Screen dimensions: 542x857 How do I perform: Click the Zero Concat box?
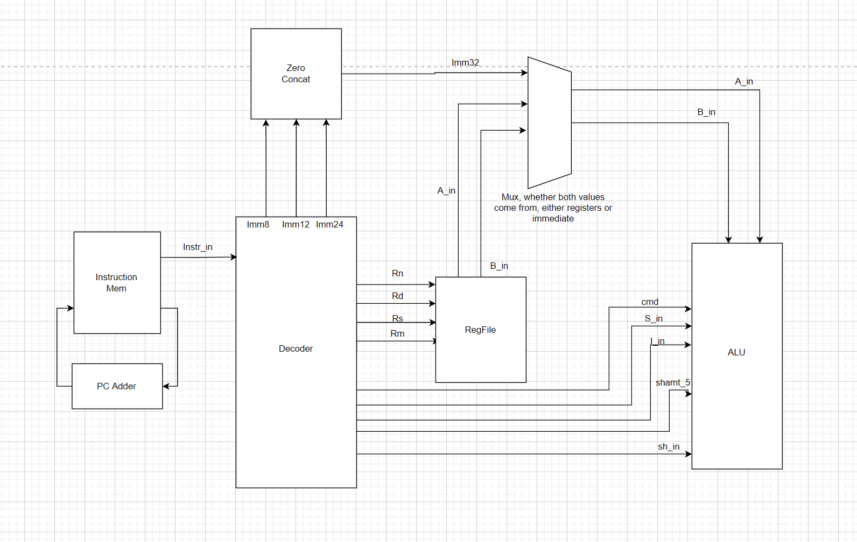296,74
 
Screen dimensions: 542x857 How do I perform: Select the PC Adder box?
117,386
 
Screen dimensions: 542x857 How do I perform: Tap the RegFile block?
480,330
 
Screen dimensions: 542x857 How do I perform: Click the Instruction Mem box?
117,282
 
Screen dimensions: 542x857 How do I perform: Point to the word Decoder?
296,348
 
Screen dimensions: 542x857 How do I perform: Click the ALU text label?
736,352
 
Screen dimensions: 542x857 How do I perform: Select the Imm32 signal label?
465,62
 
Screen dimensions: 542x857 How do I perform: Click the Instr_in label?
198,247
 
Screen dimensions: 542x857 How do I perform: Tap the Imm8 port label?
258,224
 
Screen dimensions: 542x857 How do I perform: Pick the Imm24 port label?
329,224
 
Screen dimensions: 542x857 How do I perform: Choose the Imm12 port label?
296,224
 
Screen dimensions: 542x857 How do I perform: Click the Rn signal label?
397,273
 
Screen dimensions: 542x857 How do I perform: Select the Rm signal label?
397,333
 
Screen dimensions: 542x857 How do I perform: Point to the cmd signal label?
650,302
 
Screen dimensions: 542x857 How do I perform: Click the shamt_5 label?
672,382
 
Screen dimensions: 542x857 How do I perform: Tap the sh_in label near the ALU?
669,446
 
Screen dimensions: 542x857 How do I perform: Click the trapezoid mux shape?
549,123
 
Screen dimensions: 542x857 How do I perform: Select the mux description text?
553,208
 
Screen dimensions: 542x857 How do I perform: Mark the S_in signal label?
654,318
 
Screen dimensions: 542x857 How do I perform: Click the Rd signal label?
397,296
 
